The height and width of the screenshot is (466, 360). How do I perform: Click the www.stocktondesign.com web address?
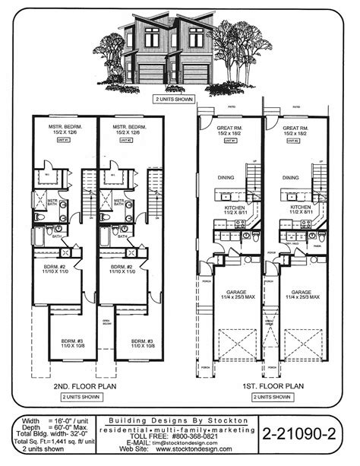[178, 455]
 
